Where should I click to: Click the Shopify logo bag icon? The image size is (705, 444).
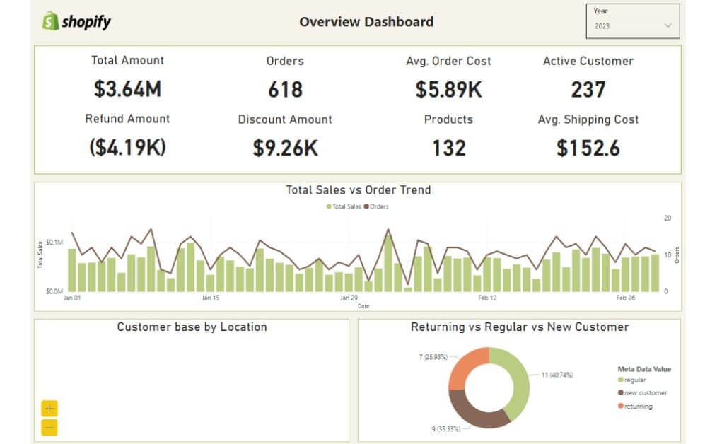[x=49, y=21]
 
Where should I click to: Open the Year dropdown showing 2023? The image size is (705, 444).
[x=633, y=25]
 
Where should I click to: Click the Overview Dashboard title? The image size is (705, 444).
[x=366, y=22]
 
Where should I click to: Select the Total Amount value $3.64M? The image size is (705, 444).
[x=128, y=89]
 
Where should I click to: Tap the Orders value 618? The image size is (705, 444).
[x=285, y=90]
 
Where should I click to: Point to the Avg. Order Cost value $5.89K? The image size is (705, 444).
[x=448, y=90]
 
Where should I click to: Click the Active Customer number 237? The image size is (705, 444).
[x=588, y=90]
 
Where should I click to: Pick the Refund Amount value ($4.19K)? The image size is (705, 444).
[x=128, y=148]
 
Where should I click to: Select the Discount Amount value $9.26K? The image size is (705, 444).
[x=285, y=148]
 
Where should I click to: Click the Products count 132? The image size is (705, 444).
[x=448, y=148]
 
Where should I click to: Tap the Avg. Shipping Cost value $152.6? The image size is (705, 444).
[x=588, y=148]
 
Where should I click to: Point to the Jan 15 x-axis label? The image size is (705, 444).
[x=211, y=298]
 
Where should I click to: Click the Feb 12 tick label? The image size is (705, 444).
[x=487, y=298]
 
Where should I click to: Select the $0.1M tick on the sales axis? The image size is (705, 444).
[x=55, y=243]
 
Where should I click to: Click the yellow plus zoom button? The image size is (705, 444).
[x=49, y=409]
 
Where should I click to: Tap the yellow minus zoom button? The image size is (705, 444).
[x=49, y=427]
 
